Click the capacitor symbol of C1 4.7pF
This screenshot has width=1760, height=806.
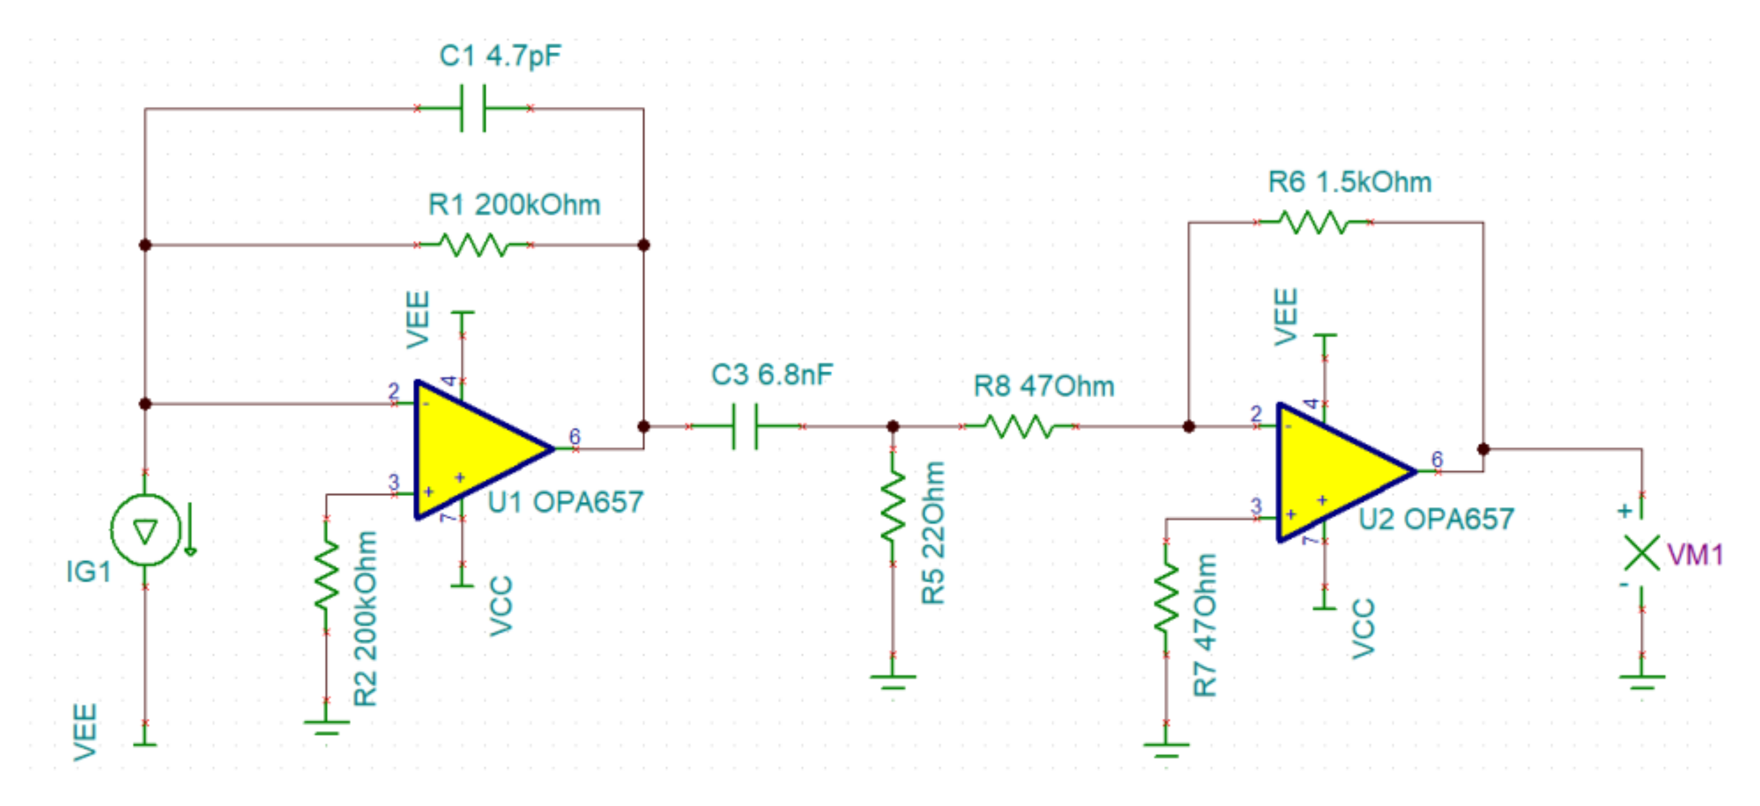(473, 108)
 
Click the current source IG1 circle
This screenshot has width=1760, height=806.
(145, 530)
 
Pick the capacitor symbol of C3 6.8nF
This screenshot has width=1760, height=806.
(745, 426)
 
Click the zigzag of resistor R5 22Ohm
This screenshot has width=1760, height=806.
(892, 506)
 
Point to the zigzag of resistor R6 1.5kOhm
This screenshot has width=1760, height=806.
(1313, 222)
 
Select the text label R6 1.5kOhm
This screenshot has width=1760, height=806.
(1350, 182)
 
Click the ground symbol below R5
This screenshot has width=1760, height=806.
(892, 680)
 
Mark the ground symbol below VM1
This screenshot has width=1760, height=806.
(1641, 680)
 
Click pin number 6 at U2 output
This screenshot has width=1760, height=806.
(1437, 459)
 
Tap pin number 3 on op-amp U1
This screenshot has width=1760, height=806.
(393, 482)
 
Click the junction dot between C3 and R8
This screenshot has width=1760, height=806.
(892, 426)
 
